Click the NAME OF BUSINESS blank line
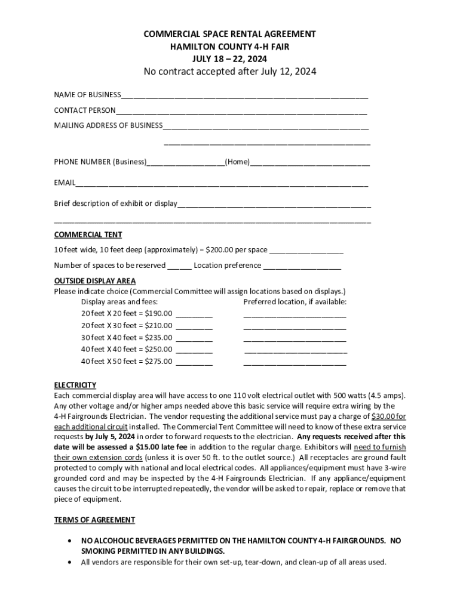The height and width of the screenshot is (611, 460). click(x=244, y=96)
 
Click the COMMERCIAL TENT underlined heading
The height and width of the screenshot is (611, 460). click(x=88, y=234)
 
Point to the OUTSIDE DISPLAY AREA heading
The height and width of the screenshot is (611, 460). click(x=95, y=280)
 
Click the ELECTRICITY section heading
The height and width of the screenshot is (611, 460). click(x=75, y=385)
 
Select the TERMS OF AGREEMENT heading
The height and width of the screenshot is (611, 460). click(x=94, y=520)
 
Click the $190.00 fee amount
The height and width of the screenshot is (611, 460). click(x=158, y=313)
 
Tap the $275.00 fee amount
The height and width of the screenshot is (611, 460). click(x=158, y=361)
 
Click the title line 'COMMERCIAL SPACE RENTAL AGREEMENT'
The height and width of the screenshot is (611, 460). click(x=230, y=34)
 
